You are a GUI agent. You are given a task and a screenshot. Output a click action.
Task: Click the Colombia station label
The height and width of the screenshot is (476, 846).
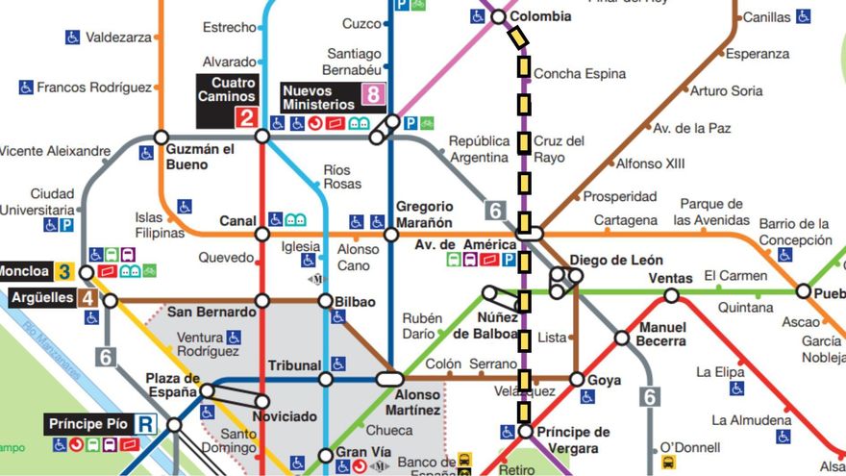[539, 16]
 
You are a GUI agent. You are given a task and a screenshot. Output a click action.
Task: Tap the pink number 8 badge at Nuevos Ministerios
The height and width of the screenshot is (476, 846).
[372, 95]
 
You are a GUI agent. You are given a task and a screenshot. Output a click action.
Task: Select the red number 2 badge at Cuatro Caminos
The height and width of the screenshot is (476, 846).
[245, 118]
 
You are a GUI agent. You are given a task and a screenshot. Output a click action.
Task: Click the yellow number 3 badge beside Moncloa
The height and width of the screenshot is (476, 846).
[64, 271]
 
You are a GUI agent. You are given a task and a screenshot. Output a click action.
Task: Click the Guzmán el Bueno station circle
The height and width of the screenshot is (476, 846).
[161, 137]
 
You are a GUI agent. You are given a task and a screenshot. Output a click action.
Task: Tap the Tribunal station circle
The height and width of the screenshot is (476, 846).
[326, 379]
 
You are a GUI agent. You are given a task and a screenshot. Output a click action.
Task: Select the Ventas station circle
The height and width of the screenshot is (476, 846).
[671, 295]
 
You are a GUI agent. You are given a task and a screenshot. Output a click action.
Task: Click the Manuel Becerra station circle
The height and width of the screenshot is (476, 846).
[622, 338]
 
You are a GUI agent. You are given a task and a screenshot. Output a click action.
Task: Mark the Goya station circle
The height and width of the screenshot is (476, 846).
[577, 380]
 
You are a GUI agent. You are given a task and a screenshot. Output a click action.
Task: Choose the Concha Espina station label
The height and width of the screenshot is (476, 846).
[579, 74]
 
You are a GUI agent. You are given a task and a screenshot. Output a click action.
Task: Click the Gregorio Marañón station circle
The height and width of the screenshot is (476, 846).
[391, 235]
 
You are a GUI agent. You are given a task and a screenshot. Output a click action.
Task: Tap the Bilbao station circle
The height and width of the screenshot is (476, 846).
[326, 302]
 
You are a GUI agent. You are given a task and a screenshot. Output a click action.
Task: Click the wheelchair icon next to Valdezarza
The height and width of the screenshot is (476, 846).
[73, 38]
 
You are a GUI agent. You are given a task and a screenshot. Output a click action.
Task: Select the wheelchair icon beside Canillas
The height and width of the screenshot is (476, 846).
[803, 16]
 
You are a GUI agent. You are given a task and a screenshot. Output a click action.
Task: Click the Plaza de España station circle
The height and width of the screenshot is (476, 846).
[207, 390]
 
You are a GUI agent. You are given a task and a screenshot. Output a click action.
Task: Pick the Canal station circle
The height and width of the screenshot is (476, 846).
[261, 234]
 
